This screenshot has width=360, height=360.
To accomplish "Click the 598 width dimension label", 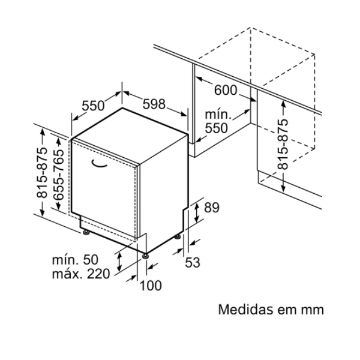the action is point(154,104).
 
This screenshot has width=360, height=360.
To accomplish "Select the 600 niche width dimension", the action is point(226,90).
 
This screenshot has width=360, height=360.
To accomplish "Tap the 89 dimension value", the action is point(212,208).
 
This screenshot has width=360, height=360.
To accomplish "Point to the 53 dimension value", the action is point(193,262).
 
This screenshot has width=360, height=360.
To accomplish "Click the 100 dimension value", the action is point(151,286).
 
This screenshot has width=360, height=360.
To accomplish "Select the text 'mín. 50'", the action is point(75,260).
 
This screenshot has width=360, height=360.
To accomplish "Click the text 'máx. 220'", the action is point(81,274).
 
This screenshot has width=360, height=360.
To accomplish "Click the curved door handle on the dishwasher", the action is point(99,163).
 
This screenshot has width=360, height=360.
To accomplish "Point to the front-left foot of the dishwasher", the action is point(86,233).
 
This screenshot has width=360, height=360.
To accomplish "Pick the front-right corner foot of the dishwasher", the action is point(145,256).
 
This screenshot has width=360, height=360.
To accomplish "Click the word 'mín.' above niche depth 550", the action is point(218,115).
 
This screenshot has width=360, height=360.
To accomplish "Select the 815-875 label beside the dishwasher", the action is point(42,173).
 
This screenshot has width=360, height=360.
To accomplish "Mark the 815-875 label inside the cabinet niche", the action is point(283,144).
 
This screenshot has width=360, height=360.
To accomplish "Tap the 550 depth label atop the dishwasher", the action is point(93,106).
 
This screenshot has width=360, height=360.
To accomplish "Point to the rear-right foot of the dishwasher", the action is point(178,237).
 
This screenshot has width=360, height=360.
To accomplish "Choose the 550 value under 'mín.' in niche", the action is point(216,128).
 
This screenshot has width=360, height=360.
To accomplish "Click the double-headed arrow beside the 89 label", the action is point(197,213).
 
